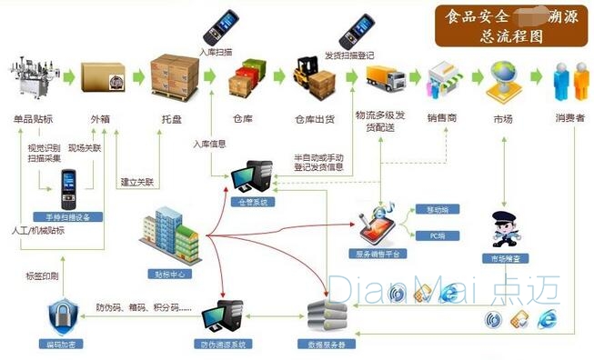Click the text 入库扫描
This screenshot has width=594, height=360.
pos(215,52)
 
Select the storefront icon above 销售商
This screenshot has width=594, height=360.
pos(447,80)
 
